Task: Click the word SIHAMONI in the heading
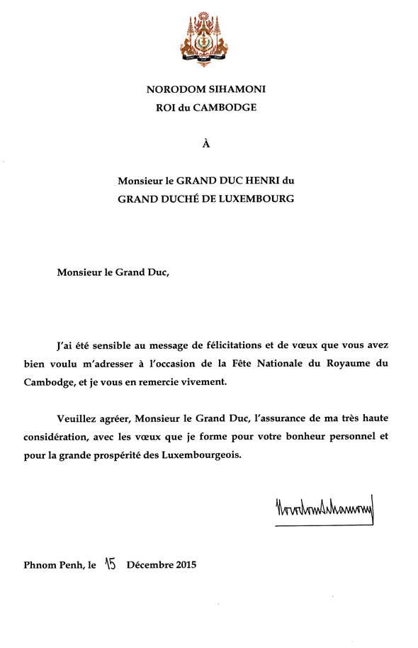tap(242, 89)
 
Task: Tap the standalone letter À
tap(207, 145)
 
